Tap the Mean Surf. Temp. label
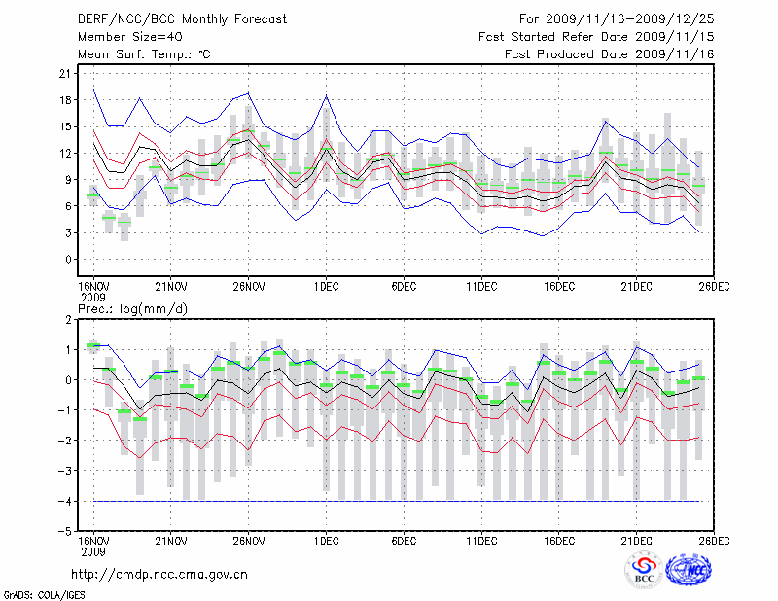tap(144, 54)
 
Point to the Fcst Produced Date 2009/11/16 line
tap(611, 54)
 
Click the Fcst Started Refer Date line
tap(597, 37)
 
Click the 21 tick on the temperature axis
tap(64, 74)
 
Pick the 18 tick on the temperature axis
tap(64, 100)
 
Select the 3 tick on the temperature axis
tap(67, 233)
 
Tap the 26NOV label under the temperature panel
tap(249, 286)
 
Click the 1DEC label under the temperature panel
tap(327, 286)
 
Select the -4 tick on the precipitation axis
tap(64, 501)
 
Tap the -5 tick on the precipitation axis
tap(64, 531)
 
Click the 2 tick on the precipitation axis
tap(67, 319)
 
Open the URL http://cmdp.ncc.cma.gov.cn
tap(159, 574)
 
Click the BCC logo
tap(644, 571)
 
